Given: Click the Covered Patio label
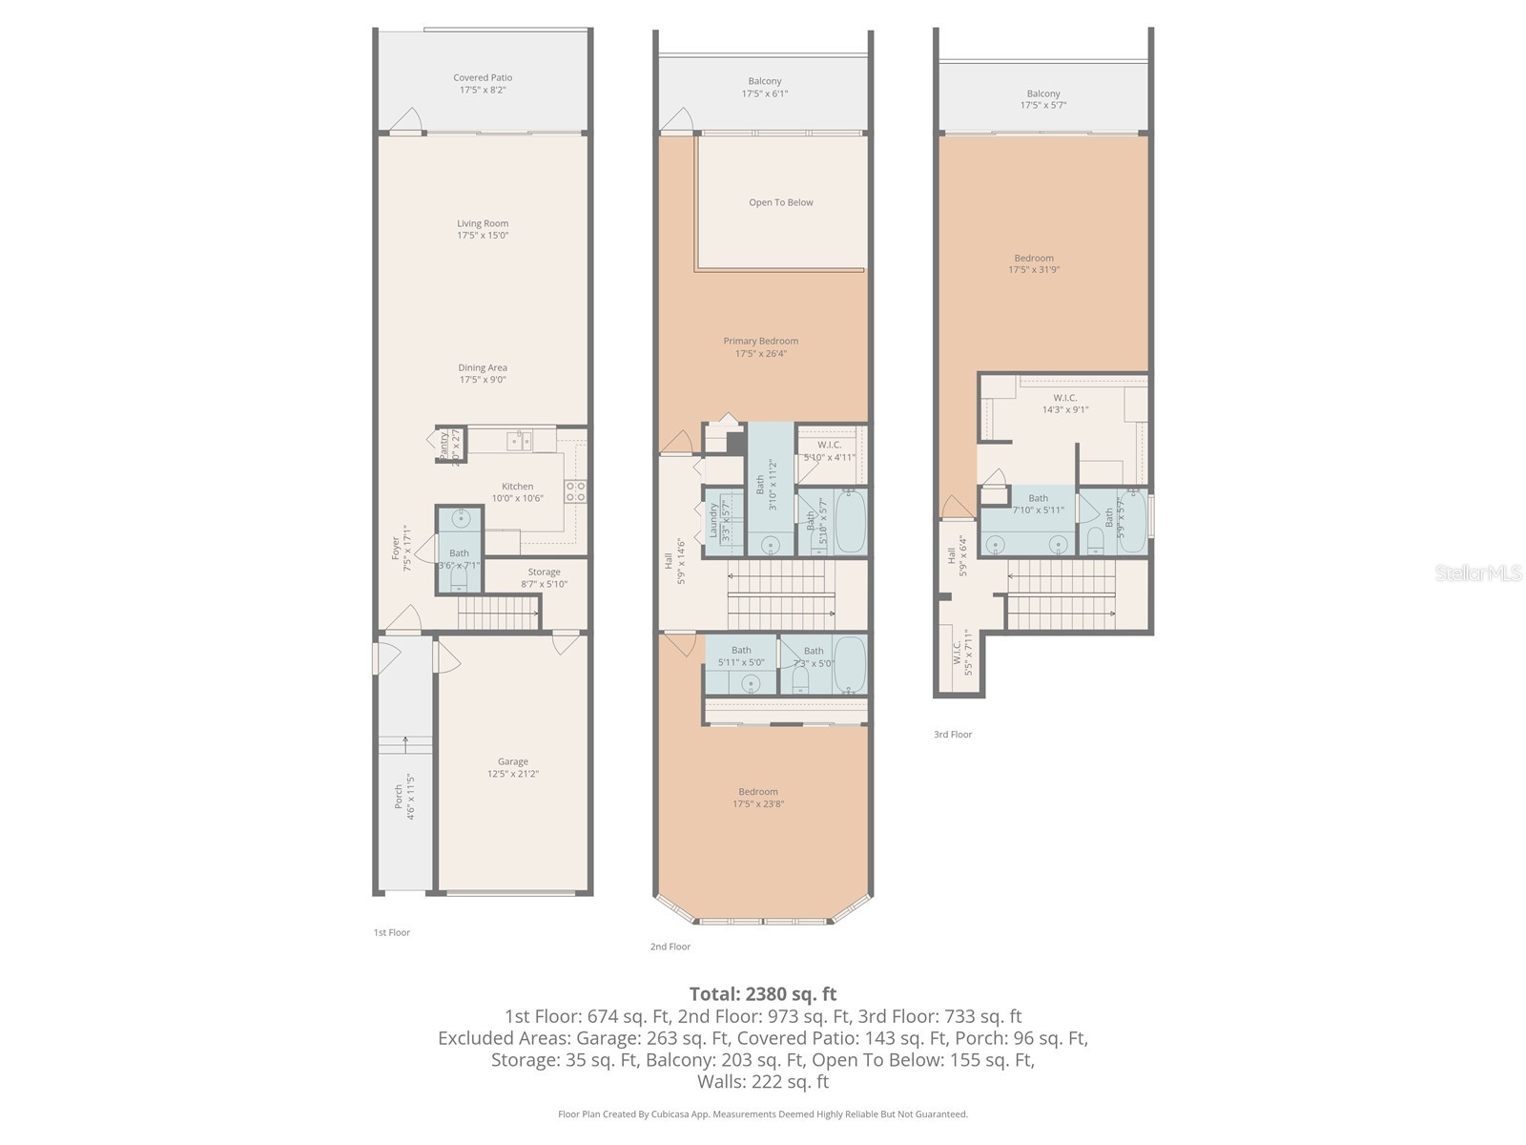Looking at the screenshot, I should (x=483, y=78).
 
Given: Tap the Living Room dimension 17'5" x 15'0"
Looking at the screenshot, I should (x=483, y=236).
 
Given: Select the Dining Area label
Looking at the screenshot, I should (x=483, y=367).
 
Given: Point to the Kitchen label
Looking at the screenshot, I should (x=518, y=487).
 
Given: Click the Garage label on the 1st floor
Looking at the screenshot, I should (x=512, y=761).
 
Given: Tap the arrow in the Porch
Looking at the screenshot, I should (x=406, y=739).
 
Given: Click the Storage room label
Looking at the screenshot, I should (x=544, y=572).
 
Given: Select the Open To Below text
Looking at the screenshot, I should (x=781, y=202).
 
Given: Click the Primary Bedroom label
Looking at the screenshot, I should (x=760, y=341).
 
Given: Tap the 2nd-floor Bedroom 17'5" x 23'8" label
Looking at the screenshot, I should (x=758, y=798).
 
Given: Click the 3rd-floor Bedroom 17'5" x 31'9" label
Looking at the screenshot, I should (x=1034, y=263).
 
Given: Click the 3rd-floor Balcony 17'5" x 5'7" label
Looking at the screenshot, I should (x=1043, y=99).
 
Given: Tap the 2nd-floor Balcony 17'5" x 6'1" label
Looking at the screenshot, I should (x=765, y=87).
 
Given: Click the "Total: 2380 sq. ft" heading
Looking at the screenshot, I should (x=763, y=994).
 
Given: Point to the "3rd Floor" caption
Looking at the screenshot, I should (x=953, y=735).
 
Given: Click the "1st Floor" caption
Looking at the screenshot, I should (x=391, y=932).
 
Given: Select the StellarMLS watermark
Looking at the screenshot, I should (x=1478, y=572).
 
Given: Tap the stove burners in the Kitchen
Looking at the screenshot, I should (x=576, y=490).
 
